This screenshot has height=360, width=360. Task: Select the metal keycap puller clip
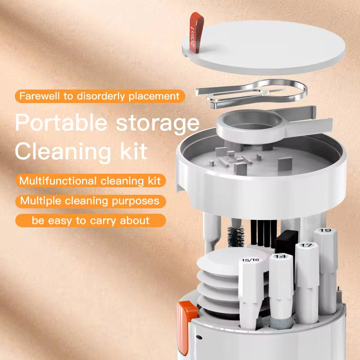252,92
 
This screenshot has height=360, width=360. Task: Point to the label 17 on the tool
306,246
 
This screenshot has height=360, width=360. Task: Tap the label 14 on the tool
280,256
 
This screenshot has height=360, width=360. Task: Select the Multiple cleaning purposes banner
90,201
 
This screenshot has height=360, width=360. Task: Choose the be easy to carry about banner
90,220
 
